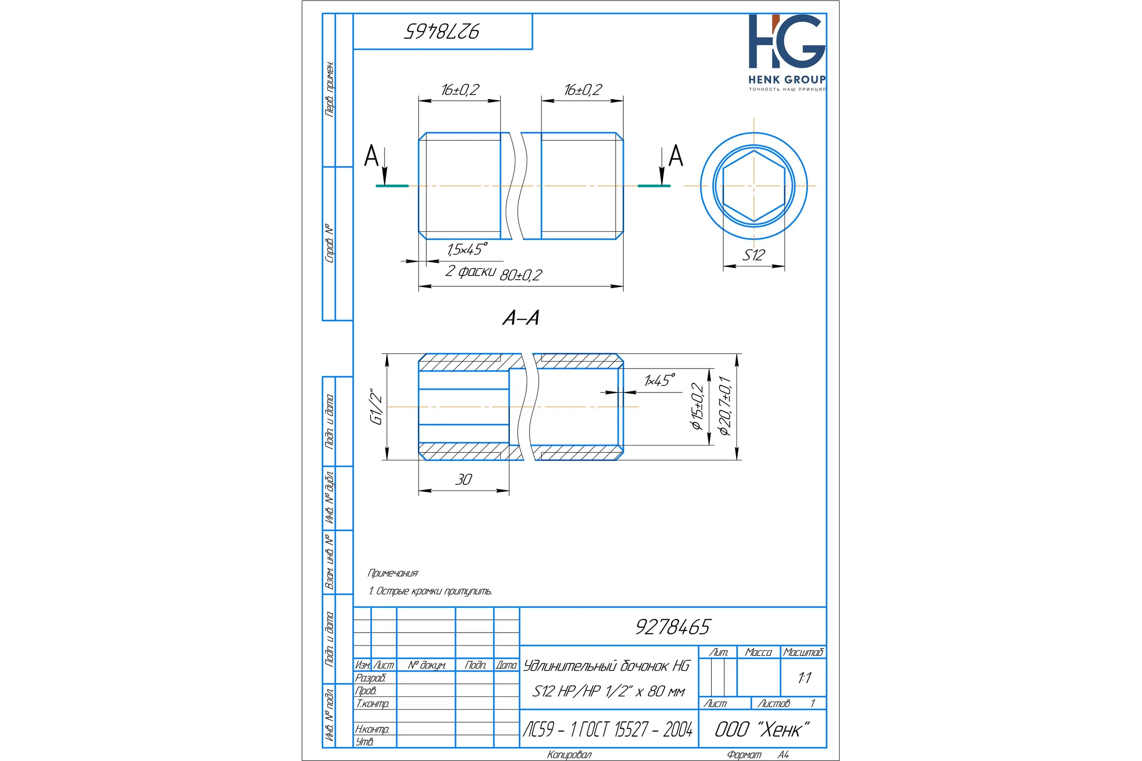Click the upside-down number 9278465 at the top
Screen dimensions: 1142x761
(x=442, y=31)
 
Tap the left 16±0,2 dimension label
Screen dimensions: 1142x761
(x=460, y=90)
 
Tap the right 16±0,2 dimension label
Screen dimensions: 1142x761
(x=582, y=90)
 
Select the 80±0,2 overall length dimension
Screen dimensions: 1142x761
(x=521, y=275)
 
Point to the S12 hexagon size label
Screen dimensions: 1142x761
(x=754, y=255)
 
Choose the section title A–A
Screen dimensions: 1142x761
(x=521, y=318)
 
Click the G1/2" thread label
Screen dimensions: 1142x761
(x=376, y=407)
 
